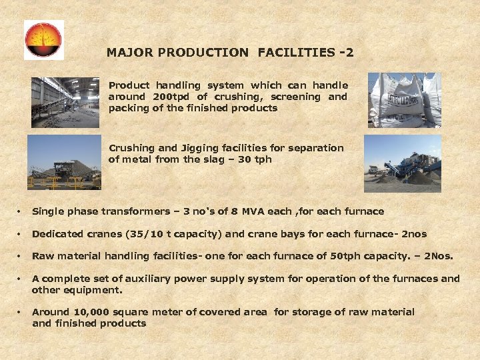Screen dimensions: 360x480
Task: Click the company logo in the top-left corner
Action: click(44, 39)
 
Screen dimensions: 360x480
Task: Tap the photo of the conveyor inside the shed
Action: click(65, 102)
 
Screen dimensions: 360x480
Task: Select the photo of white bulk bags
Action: click(405, 100)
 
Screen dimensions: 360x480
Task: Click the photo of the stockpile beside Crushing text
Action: click(64, 162)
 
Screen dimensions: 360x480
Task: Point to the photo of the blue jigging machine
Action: click(403, 164)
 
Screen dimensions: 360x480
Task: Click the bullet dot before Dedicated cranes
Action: click(19, 235)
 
